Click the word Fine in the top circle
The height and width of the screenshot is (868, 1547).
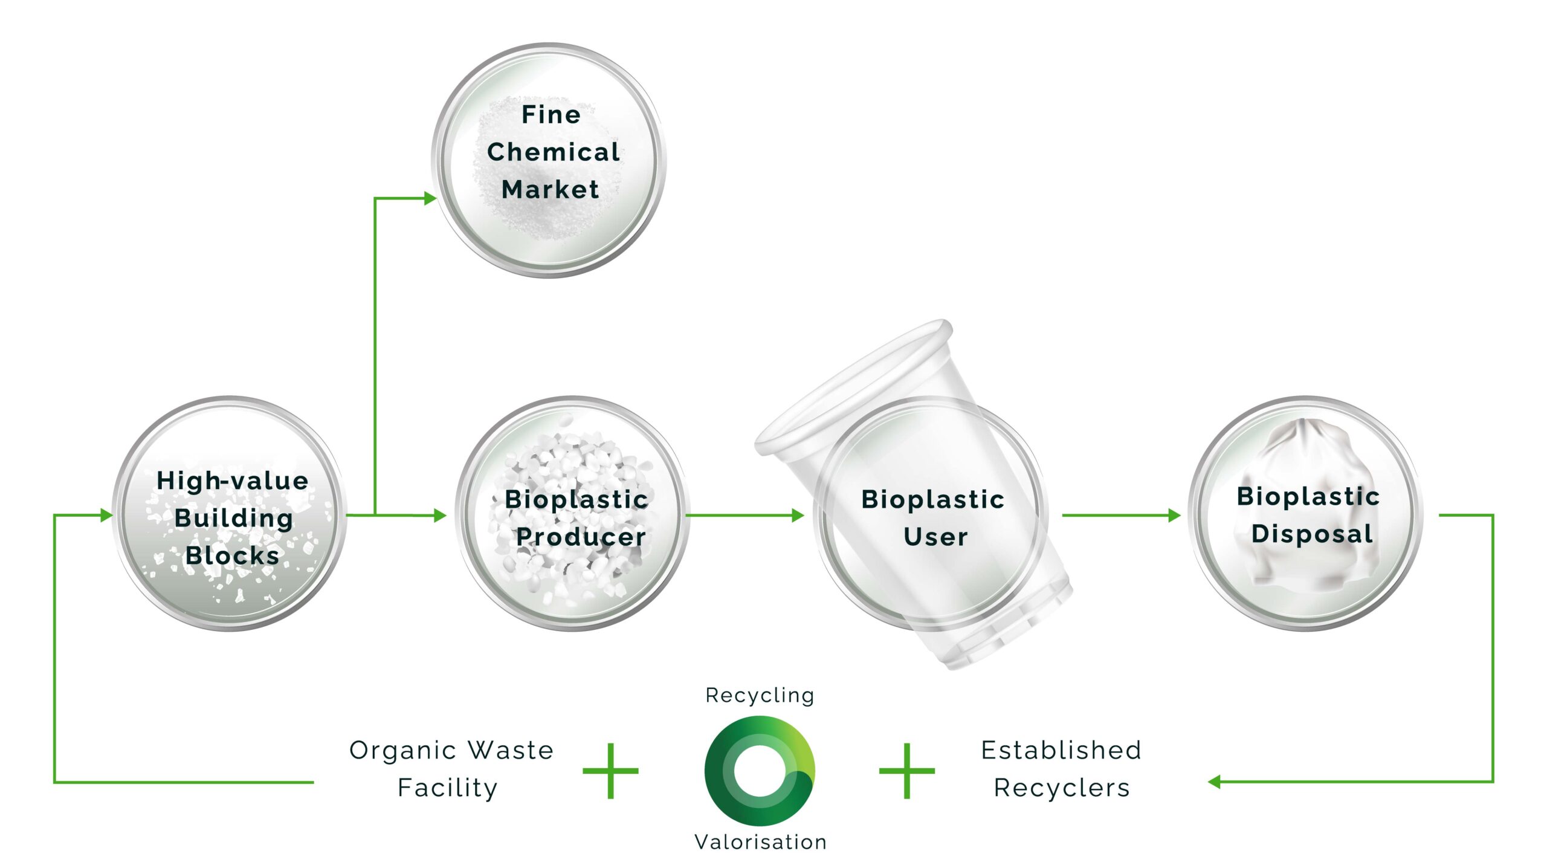coord(551,114)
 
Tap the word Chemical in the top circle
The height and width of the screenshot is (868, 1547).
coord(554,152)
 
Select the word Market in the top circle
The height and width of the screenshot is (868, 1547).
coord(551,189)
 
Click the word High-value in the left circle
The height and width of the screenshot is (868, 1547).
coord(233,481)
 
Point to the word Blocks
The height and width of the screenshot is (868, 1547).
coord(233,555)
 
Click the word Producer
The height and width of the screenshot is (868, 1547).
coord(581,537)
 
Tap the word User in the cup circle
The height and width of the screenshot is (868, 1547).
coord(935,537)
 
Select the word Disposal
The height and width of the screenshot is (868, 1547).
coord(1312,534)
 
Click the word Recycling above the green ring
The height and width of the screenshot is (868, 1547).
coord(760,695)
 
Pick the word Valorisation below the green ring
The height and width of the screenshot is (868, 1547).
coord(760,841)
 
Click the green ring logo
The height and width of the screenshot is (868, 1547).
coord(760,771)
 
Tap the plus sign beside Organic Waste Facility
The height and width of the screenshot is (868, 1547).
coord(610,771)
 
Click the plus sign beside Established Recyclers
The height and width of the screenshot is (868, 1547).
coord(906,771)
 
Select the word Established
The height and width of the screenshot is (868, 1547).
coord(1061,750)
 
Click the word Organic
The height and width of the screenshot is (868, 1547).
coord(402,751)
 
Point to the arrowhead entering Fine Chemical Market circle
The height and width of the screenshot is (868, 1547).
coord(430,198)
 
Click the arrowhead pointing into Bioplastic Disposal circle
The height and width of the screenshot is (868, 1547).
coord(1174,515)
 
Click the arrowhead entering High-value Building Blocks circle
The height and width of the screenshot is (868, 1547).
coord(106,515)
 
